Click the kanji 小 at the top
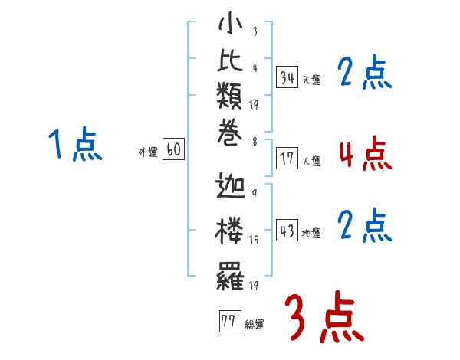click(231, 23)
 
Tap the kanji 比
click(230, 61)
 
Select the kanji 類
click(229, 96)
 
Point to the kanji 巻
click(230, 133)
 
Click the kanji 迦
click(230, 185)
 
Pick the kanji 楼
click(229, 231)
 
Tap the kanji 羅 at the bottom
click(230, 277)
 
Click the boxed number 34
click(287, 77)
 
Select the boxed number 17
click(287, 159)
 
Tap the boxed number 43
click(287, 230)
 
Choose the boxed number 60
click(173, 149)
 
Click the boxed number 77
click(230, 321)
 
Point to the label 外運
click(148, 152)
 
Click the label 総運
click(255, 325)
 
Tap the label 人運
click(312, 162)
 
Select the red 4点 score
click(366, 154)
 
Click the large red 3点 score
click(325, 316)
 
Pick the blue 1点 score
click(75, 144)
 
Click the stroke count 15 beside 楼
click(254, 240)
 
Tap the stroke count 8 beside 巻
click(255, 142)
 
